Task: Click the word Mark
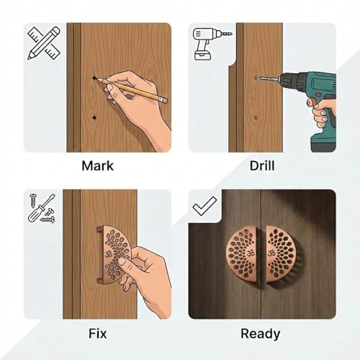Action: pos(97,166)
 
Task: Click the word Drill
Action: pos(262,166)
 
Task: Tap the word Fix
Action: pos(97,333)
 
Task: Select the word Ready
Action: pos(261,334)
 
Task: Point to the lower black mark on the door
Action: pos(94,117)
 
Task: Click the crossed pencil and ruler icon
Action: pos(43,43)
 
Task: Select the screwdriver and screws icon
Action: pos(42,208)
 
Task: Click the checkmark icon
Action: pos(204,206)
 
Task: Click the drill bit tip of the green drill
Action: pos(261,78)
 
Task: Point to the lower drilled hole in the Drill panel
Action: pos(256,117)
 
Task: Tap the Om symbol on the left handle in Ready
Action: pos(251,253)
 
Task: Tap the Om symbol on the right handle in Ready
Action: pos(271,253)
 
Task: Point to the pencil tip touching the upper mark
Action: pos(96,78)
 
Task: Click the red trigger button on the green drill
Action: pos(311,102)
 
